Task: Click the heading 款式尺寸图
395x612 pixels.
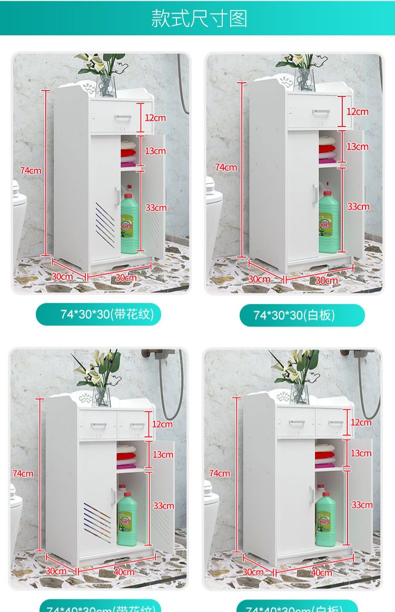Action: pos(199,18)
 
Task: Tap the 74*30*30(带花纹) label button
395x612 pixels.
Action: pos(98,315)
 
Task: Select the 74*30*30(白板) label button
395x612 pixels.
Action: pos(302,315)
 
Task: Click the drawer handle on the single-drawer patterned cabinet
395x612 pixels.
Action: pos(122,116)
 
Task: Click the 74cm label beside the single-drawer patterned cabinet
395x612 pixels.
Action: pos(31,170)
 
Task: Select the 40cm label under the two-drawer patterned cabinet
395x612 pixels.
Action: pos(124,572)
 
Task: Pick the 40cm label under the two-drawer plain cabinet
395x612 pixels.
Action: pos(321,572)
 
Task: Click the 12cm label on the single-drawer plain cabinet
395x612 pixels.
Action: pos(358,112)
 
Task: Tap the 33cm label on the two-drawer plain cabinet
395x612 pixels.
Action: pos(362,504)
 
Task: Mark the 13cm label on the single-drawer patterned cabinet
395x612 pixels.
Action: pos(155,151)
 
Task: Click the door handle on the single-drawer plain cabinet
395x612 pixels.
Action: pos(315,196)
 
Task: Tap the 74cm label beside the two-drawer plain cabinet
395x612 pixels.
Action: pos(219,473)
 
